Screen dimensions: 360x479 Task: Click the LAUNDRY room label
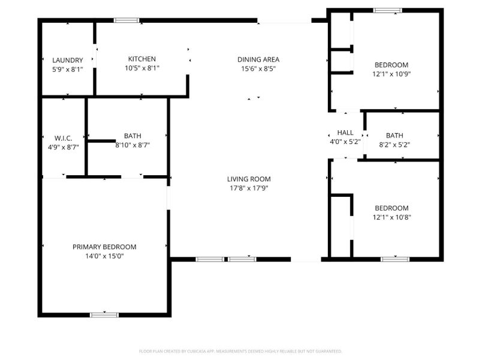67,60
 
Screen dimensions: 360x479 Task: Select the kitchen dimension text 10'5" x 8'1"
142,68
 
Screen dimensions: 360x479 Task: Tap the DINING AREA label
258,59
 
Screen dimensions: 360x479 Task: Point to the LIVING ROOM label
248,179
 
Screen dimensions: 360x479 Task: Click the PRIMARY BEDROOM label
104,247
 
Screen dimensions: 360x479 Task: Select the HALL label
345,133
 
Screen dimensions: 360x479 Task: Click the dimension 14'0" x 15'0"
104,256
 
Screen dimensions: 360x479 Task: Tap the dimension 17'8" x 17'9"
248,188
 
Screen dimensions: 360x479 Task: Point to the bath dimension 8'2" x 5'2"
394,144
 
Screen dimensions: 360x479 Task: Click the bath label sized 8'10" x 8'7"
133,136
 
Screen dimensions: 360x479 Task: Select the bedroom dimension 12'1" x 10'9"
391,74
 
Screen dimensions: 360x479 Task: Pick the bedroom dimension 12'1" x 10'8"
391,218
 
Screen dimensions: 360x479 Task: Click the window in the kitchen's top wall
126,20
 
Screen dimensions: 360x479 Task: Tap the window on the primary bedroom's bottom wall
104,314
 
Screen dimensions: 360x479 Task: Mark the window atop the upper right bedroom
387,10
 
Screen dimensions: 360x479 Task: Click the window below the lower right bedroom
395,259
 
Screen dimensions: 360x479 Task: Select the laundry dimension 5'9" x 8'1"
67,69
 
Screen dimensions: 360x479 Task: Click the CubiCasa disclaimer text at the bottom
240,351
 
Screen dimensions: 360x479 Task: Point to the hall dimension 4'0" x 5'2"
345,142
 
